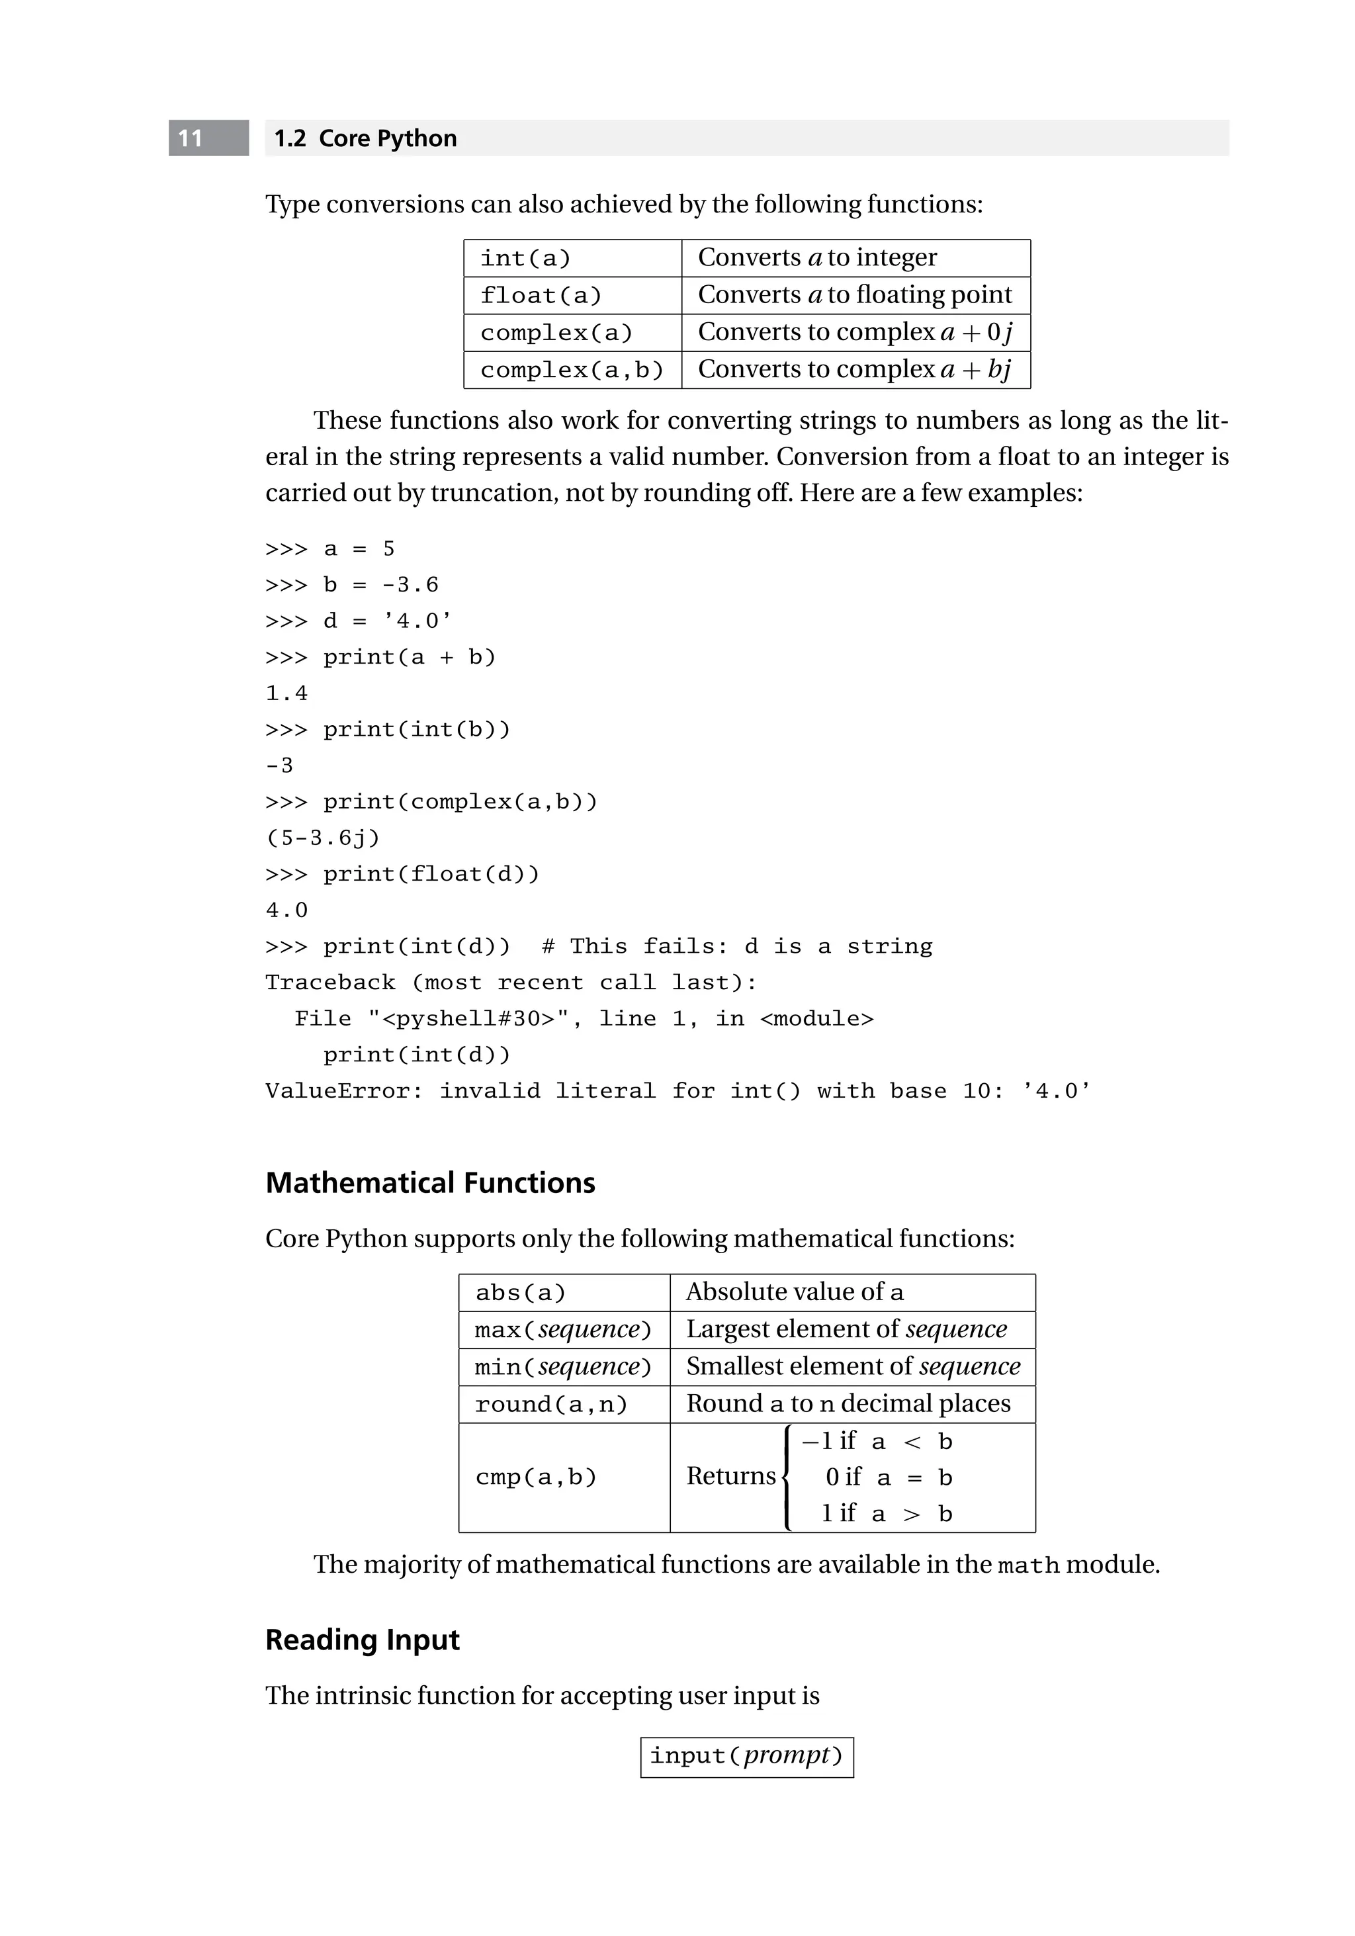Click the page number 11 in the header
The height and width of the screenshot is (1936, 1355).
[x=191, y=138]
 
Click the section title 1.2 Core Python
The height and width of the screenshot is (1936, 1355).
[x=365, y=138]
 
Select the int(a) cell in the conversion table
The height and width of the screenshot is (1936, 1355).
[x=525, y=258]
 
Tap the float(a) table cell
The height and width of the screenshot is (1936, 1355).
[x=541, y=295]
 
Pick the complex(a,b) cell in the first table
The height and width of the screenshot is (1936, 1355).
[x=572, y=369]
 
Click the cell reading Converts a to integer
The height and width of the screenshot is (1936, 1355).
[x=816, y=257]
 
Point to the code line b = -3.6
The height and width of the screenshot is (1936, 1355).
[x=380, y=585]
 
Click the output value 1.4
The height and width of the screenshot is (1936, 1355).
[x=286, y=693]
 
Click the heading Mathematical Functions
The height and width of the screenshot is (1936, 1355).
[x=430, y=1183]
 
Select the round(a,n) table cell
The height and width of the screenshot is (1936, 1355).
[x=550, y=1404]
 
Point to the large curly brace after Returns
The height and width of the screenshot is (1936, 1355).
[x=787, y=1477]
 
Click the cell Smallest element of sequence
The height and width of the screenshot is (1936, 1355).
[x=852, y=1366]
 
